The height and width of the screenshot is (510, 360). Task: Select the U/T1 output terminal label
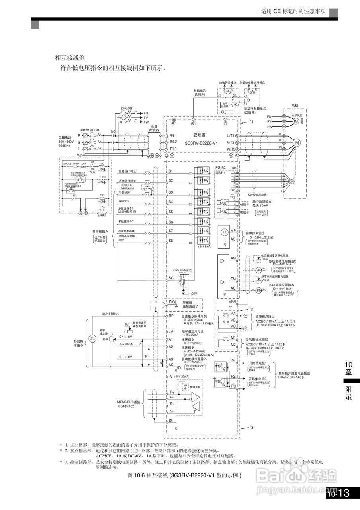pos(231,136)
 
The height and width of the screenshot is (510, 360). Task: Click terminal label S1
pos(170,171)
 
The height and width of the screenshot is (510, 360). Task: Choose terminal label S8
pos(170,241)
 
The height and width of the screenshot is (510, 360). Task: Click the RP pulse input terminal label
pos(171,316)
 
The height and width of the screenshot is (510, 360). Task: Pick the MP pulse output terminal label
pos(233,231)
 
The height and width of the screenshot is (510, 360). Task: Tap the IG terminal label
pos(171,420)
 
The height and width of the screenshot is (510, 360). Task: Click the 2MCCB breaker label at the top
pos(127,108)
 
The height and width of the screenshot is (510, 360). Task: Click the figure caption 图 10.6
pos(184,475)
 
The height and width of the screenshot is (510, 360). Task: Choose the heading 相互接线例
pos(70,58)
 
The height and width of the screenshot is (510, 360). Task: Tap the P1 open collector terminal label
pos(234,361)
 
